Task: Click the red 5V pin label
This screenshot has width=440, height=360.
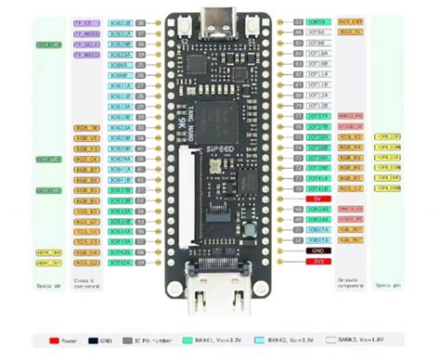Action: point(317,198)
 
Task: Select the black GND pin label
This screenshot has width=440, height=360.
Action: point(317,250)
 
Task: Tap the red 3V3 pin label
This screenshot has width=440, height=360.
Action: point(317,261)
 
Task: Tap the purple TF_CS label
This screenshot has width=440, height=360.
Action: point(85,20)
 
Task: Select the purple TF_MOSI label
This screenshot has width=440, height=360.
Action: point(85,32)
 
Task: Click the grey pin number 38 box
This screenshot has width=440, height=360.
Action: point(140,20)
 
